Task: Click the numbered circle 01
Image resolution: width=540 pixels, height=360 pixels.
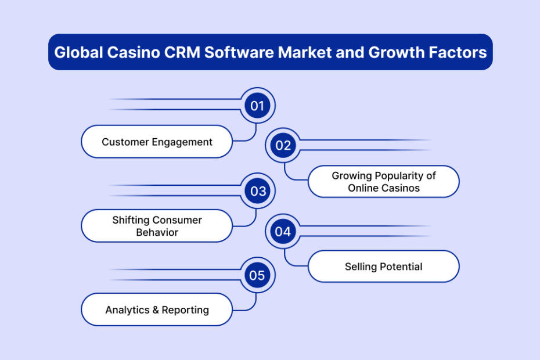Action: tap(257, 106)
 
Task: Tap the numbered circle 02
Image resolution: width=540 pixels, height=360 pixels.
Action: tap(283, 145)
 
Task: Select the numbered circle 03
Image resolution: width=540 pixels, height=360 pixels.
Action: tap(258, 191)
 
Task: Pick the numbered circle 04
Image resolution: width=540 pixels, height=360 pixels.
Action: tap(283, 232)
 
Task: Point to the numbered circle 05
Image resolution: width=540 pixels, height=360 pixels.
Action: tap(257, 275)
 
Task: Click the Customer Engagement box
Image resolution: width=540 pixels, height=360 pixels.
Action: tap(157, 142)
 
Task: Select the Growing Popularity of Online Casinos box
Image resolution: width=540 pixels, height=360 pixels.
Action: tap(384, 182)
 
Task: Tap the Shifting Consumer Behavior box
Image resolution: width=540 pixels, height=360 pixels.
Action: tap(157, 226)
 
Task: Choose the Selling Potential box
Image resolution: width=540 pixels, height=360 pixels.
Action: tap(384, 267)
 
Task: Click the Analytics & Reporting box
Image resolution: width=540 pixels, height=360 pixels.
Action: tap(157, 309)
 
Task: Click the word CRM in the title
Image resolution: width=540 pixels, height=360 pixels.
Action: tap(182, 52)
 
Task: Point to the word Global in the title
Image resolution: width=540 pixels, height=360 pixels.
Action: tap(79, 52)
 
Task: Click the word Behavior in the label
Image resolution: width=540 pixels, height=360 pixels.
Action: tap(157, 232)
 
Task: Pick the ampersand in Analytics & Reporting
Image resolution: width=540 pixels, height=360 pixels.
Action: tap(156, 309)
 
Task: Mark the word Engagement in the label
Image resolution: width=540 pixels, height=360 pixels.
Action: tap(182, 142)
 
